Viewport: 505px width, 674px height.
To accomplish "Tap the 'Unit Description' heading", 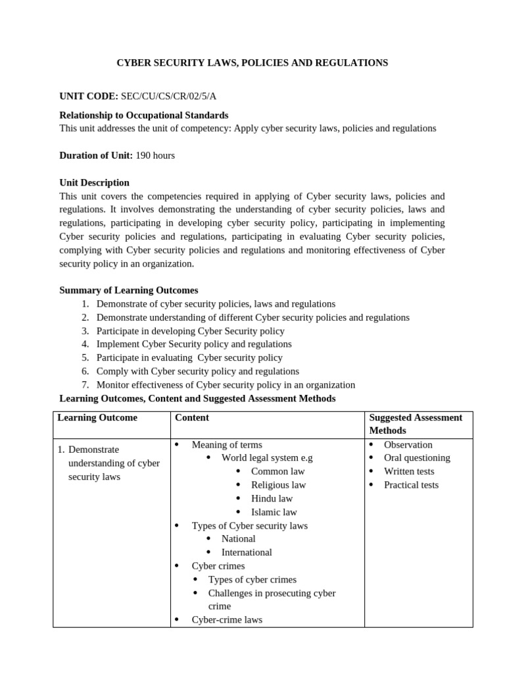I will pyautogui.click(x=94, y=182).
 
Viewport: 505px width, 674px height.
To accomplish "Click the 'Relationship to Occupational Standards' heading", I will pyautogui.click(x=144, y=115).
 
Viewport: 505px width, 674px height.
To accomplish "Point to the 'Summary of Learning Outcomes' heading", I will pyautogui.click(x=128, y=290).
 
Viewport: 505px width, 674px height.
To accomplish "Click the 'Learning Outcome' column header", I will pyautogui.click(x=97, y=417).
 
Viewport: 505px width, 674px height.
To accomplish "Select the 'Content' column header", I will pyautogui.click(x=192, y=417).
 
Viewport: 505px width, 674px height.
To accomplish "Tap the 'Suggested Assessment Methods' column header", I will pyautogui.click(x=416, y=424).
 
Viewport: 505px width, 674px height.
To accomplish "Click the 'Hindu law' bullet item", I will pyautogui.click(x=272, y=498).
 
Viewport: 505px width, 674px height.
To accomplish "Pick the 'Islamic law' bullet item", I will pyautogui.click(x=274, y=512).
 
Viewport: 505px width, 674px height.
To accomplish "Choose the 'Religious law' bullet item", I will pyautogui.click(x=278, y=485).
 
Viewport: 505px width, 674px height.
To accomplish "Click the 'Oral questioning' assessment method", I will pyautogui.click(x=417, y=457).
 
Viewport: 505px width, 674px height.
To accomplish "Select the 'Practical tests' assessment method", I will pyautogui.click(x=411, y=485).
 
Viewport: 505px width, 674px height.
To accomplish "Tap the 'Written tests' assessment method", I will pyautogui.click(x=409, y=471).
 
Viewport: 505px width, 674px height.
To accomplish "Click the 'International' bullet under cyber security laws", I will pyautogui.click(x=247, y=552).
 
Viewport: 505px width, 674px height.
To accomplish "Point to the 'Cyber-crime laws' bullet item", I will pyautogui.click(x=226, y=619).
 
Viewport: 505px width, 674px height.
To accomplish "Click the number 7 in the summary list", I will pyautogui.click(x=85, y=385).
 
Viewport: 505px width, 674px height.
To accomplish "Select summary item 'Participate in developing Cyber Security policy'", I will pyautogui.click(x=190, y=331).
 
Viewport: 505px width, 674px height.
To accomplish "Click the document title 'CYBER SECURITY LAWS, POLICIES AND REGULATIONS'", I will pyautogui.click(x=252, y=63).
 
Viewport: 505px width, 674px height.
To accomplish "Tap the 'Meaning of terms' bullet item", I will pyautogui.click(x=226, y=444).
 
